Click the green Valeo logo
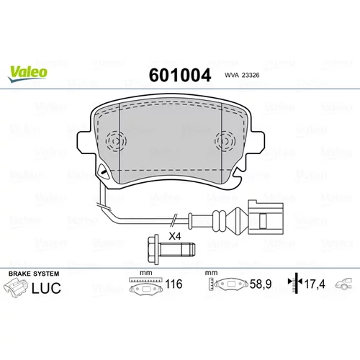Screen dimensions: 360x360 (27, 74)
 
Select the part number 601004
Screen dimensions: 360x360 (180, 75)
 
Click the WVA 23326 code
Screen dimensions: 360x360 (242, 75)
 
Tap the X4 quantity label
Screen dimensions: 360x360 (175, 236)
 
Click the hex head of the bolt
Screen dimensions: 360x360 (153, 250)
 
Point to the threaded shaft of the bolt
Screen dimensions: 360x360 (177, 250)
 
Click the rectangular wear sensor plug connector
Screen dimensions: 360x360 (266, 218)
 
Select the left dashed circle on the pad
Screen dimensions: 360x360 (116, 141)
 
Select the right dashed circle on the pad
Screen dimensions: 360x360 (225, 141)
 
